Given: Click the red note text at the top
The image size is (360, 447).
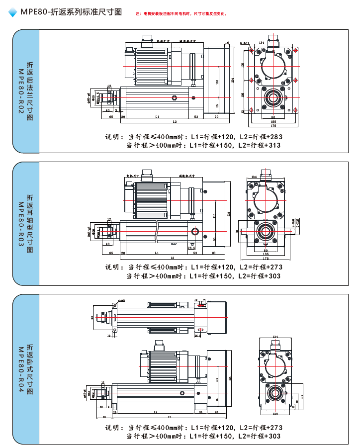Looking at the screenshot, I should click(181, 14).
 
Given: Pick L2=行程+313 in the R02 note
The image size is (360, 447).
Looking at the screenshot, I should click(259, 145).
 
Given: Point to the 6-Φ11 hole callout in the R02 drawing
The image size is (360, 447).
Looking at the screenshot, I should click(245, 43).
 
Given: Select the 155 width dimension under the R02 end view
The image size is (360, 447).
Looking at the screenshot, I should click(273, 122).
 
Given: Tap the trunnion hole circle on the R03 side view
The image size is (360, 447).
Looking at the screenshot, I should click(194, 232).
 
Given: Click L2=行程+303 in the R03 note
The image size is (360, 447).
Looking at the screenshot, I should click(259, 276).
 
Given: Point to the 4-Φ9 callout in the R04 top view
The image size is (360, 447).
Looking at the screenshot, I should click(121, 301).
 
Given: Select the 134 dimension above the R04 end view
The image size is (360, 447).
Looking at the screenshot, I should click(275, 337).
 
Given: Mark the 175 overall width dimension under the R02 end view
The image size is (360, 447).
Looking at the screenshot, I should click(273, 126).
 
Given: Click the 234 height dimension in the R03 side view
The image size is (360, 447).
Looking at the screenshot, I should click(229, 214).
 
